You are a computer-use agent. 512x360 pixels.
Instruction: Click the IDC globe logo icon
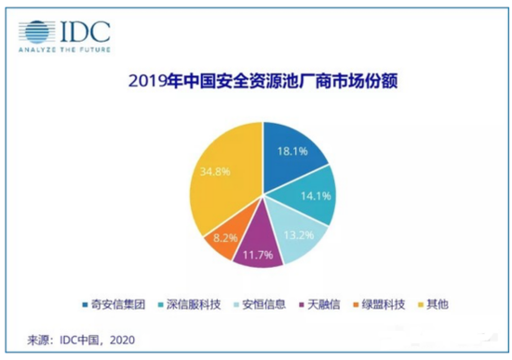(36, 32)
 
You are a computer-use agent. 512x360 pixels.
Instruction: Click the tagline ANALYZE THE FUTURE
(64, 50)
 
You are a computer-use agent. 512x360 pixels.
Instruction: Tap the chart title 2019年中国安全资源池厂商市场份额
(263, 81)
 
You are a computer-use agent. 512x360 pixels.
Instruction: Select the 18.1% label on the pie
(292, 151)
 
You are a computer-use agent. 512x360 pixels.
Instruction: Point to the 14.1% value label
(316, 196)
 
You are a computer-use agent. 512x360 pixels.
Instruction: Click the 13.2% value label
(299, 235)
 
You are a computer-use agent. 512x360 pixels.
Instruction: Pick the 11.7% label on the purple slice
(258, 255)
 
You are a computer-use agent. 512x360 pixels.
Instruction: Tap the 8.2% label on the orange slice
(225, 237)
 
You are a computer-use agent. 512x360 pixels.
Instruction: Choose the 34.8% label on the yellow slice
(215, 171)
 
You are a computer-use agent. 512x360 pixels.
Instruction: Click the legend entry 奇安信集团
(114, 304)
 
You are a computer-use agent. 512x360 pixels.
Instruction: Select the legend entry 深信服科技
(189, 304)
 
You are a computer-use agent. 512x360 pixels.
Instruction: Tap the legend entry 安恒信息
(260, 304)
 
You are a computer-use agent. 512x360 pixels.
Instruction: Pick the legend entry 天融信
(319, 304)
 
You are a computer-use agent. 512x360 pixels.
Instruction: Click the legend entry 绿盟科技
(380, 304)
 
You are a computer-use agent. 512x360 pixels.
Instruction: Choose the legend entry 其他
(433, 304)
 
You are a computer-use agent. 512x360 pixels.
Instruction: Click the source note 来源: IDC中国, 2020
(81, 340)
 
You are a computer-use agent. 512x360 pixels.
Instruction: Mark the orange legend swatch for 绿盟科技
(357, 305)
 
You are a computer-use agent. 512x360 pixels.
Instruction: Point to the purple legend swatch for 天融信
(302, 305)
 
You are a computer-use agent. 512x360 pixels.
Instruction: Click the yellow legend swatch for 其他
(421, 305)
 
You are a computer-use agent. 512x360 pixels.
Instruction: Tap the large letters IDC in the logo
(86, 32)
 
